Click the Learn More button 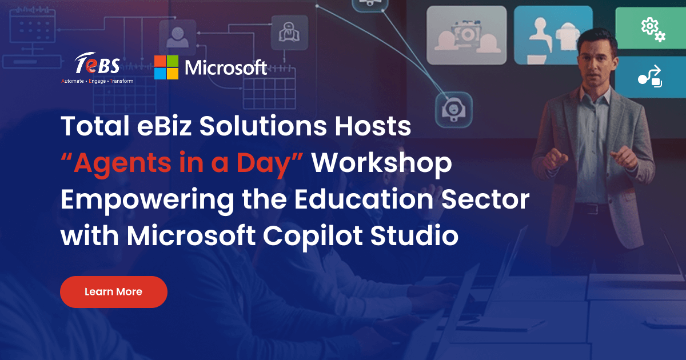tap(113, 292)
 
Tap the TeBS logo tap(97, 66)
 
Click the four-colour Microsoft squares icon tap(166, 67)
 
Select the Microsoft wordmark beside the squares tap(226, 68)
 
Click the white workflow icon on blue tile tap(650, 77)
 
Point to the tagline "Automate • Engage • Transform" tap(97, 81)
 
